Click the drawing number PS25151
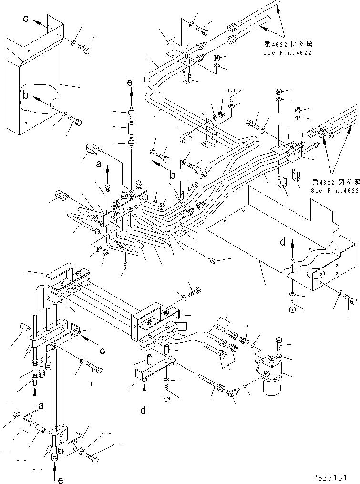pos(334,477)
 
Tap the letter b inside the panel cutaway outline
pos(25,94)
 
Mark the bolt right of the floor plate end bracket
pos(351,300)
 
